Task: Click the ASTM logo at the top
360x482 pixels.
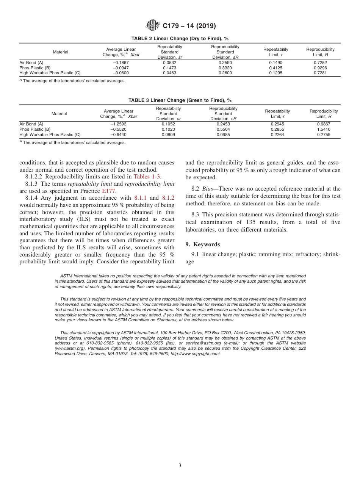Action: [x=153, y=26]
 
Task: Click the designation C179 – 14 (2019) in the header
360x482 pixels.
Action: [x=189, y=26]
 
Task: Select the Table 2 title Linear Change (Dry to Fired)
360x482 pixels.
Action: [x=180, y=39]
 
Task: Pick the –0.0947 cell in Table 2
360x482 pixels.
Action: [x=121, y=68]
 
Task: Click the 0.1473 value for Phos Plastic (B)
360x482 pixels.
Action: [x=169, y=68]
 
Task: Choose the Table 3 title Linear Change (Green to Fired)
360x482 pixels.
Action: [x=180, y=100]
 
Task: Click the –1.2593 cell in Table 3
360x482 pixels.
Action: [x=118, y=124]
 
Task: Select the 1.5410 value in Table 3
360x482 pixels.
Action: [x=323, y=129]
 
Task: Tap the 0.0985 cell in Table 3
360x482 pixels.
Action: [x=223, y=135]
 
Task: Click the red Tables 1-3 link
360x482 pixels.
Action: [x=147, y=177]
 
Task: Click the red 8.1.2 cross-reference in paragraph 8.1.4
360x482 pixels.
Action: [x=168, y=198]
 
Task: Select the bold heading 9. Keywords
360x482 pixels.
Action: [x=202, y=244]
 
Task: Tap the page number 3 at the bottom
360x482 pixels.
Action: [x=180, y=465]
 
